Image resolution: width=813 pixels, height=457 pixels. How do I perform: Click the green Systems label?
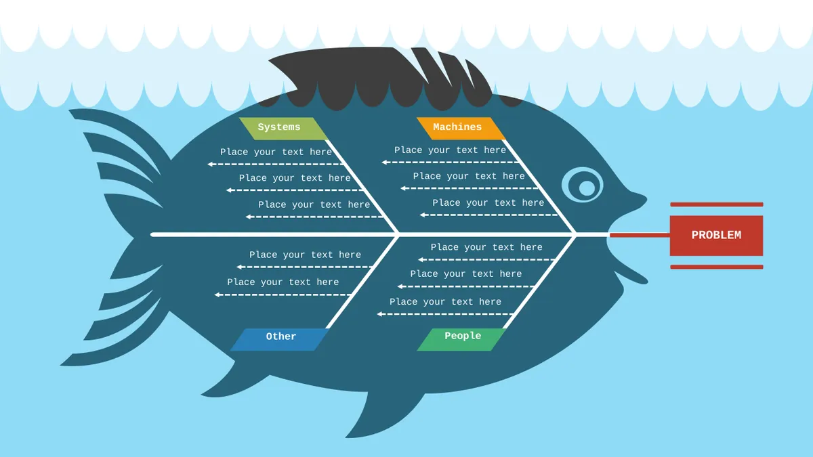(284, 129)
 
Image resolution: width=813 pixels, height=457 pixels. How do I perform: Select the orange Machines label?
(461, 129)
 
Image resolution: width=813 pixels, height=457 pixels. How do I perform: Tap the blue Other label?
(279, 339)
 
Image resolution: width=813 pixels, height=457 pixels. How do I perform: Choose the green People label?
(461, 339)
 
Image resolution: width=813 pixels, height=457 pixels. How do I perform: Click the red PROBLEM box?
(717, 236)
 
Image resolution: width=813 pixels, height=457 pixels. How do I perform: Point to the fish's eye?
(583, 185)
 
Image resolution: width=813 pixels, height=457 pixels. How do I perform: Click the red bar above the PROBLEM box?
(717, 204)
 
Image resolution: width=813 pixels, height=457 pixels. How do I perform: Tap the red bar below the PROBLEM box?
(717, 267)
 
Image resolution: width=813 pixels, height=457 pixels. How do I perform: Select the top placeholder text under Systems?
(276, 152)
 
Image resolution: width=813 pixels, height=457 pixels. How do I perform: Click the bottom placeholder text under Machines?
(488, 202)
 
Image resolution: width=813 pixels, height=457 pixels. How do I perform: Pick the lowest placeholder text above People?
(445, 302)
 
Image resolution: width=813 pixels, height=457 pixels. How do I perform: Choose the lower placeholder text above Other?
(283, 282)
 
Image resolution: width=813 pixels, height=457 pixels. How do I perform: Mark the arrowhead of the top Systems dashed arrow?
(210, 165)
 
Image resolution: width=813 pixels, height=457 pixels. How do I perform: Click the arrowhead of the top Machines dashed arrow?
(384, 162)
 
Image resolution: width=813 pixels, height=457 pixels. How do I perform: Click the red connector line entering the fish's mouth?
(640, 236)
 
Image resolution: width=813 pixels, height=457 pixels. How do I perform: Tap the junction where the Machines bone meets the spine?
(575, 235)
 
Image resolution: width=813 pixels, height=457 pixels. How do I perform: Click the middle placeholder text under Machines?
(469, 176)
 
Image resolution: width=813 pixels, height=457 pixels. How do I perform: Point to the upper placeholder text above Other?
(306, 255)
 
